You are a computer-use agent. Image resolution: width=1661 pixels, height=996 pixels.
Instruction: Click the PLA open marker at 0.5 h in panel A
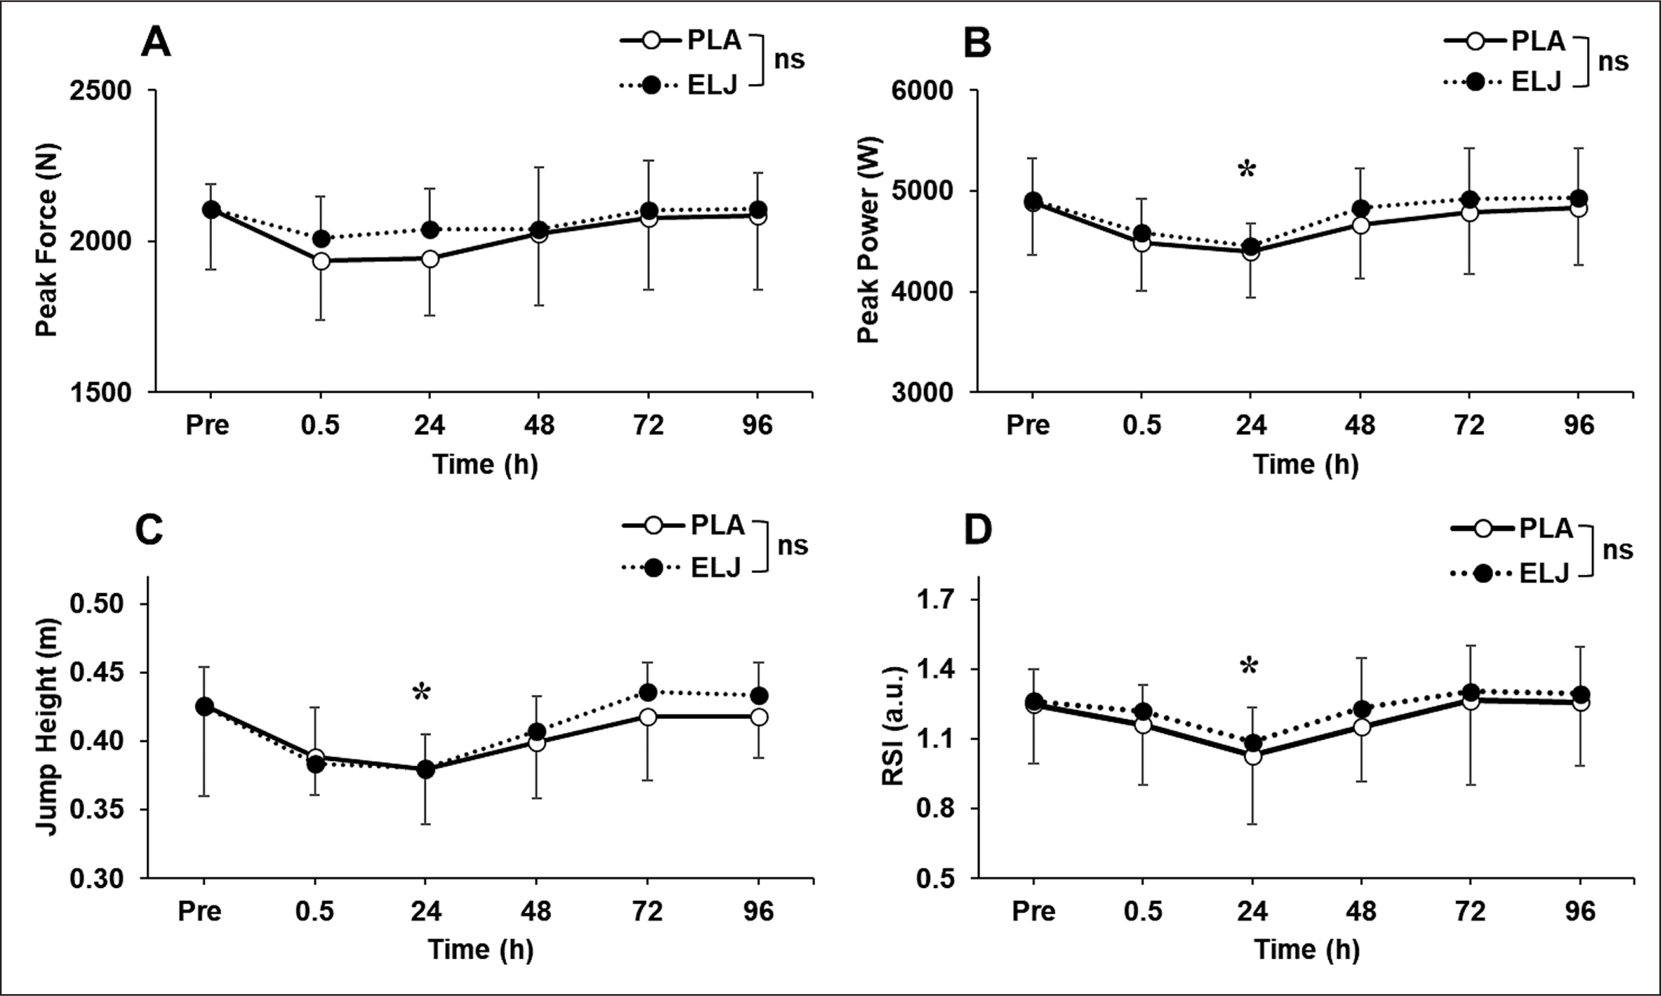322,261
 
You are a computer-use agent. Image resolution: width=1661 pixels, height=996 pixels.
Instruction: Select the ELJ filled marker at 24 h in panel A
430,229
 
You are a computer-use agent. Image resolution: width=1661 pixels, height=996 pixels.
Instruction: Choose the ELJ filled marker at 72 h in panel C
648,692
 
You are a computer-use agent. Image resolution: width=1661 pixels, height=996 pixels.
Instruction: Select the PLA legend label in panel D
1546,529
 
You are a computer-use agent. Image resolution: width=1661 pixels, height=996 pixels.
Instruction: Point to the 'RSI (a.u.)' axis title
892,726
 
